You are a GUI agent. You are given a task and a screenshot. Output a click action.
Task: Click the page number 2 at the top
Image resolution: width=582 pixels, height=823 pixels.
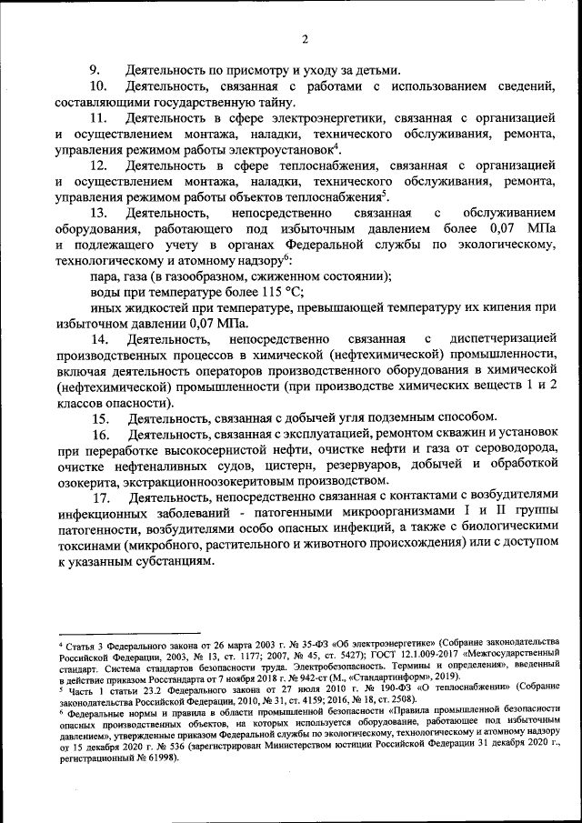(x=306, y=38)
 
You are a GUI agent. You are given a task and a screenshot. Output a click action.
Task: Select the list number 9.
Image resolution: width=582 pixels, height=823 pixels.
(x=93, y=70)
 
